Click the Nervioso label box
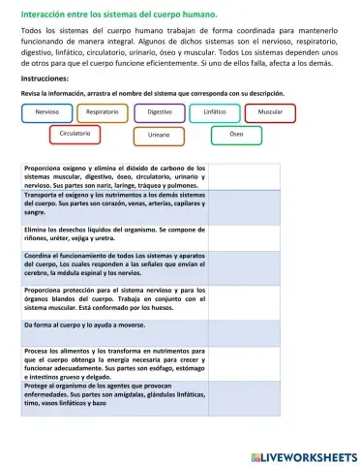[x=46, y=112]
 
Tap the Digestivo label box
[x=165, y=112]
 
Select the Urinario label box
[x=159, y=135]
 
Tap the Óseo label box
[x=236, y=133]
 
